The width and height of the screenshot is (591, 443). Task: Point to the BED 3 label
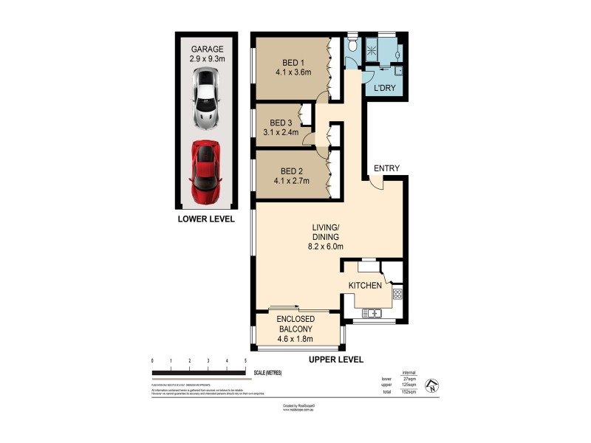click(x=282, y=123)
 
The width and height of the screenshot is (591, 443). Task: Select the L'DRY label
click(x=386, y=89)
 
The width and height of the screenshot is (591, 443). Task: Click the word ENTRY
click(x=386, y=168)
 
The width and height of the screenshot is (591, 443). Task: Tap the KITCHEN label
click(x=366, y=285)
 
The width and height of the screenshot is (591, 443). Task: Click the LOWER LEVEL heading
click(x=206, y=219)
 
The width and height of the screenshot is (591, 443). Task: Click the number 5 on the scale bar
click(x=245, y=360)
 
